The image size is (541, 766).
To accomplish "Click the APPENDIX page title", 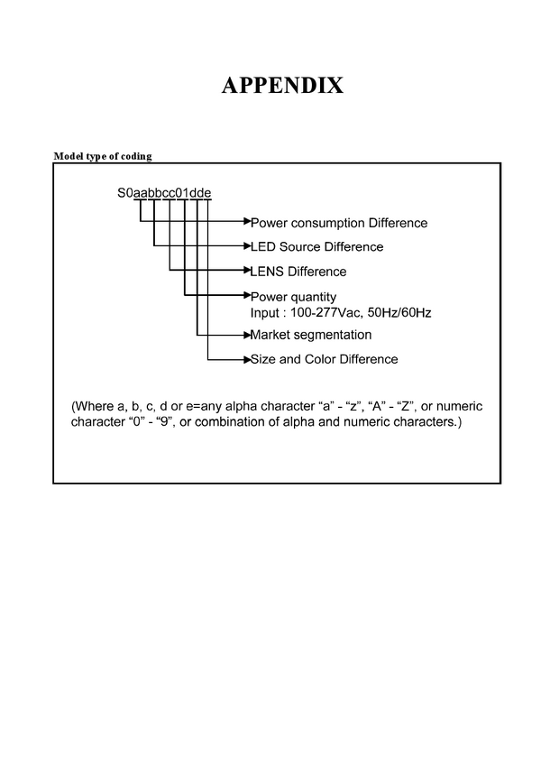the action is (x=283, y=86).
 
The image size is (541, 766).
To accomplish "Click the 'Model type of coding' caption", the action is (x=103, y=156).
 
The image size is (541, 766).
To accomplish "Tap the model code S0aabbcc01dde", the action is (x=164, y=193).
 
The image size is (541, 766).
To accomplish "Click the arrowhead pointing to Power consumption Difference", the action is (x=247, y=221).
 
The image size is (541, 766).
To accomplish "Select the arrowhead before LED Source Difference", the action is (x=247, y=245).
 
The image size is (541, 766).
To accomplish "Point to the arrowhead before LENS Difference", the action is (x=247, y=270).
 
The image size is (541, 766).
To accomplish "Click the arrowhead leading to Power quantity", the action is (x=247, y=295).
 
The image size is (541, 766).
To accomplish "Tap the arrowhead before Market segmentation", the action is (x=247, y=335).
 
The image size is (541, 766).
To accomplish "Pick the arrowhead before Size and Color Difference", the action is (x=247, y=360).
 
